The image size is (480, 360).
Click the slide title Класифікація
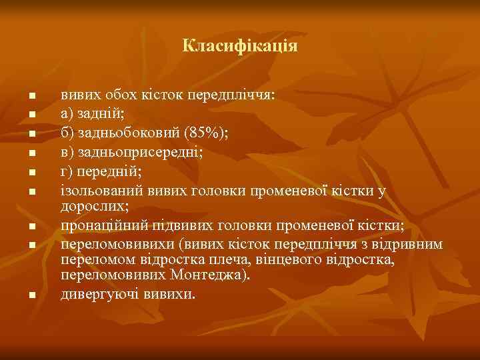[240, 46]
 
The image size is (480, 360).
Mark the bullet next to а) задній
[31, 115]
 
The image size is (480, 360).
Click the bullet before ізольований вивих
[31, 192]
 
